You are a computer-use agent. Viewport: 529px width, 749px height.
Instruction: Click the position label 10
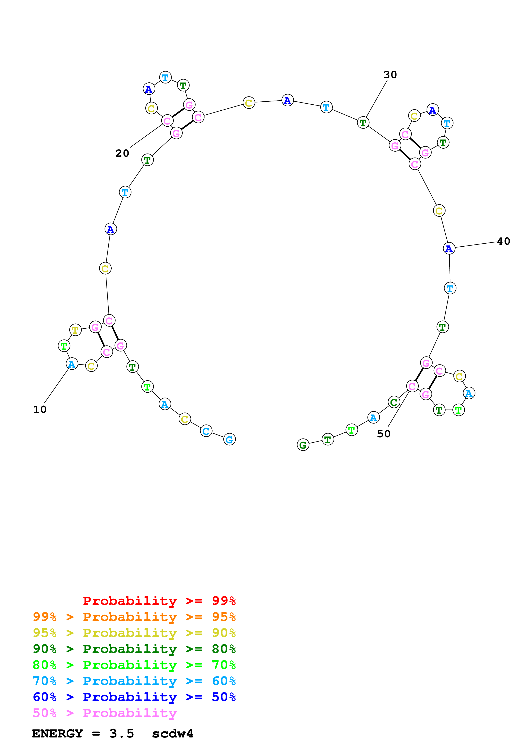40,409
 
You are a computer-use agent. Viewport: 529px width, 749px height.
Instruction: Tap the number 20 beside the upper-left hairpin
122,153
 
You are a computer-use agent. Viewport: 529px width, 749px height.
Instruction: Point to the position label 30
390,75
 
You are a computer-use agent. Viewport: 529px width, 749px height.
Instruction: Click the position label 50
384,434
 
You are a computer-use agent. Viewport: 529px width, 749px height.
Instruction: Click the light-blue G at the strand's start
229,439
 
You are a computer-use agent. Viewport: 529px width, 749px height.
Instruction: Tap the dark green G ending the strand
303,445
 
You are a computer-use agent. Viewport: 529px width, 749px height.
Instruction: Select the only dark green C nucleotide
394,402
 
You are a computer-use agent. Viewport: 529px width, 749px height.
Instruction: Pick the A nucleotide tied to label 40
449,248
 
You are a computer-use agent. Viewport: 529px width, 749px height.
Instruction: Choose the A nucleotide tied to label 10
72,364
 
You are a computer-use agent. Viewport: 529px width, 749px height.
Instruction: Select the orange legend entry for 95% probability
134,617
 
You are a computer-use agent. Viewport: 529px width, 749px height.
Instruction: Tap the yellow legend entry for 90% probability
134,633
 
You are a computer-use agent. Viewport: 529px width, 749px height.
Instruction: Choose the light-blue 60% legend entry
134,681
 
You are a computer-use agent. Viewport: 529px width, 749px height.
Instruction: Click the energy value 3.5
122,733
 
